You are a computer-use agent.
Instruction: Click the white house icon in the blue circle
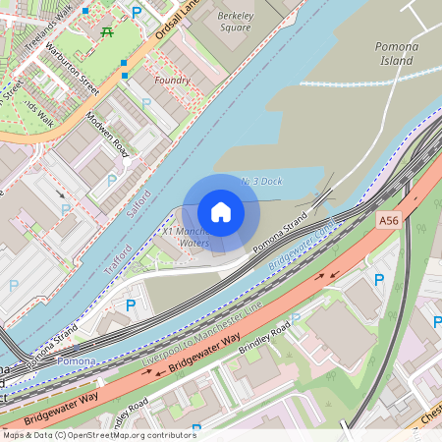220,212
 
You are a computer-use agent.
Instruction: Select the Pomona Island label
397,53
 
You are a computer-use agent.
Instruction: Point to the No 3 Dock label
261,182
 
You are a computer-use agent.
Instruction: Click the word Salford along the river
139,201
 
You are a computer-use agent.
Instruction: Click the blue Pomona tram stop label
77,362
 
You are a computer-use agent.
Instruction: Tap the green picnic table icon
107,30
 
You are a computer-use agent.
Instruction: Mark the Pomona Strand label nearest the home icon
281,241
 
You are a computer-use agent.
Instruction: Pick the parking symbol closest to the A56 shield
379,281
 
